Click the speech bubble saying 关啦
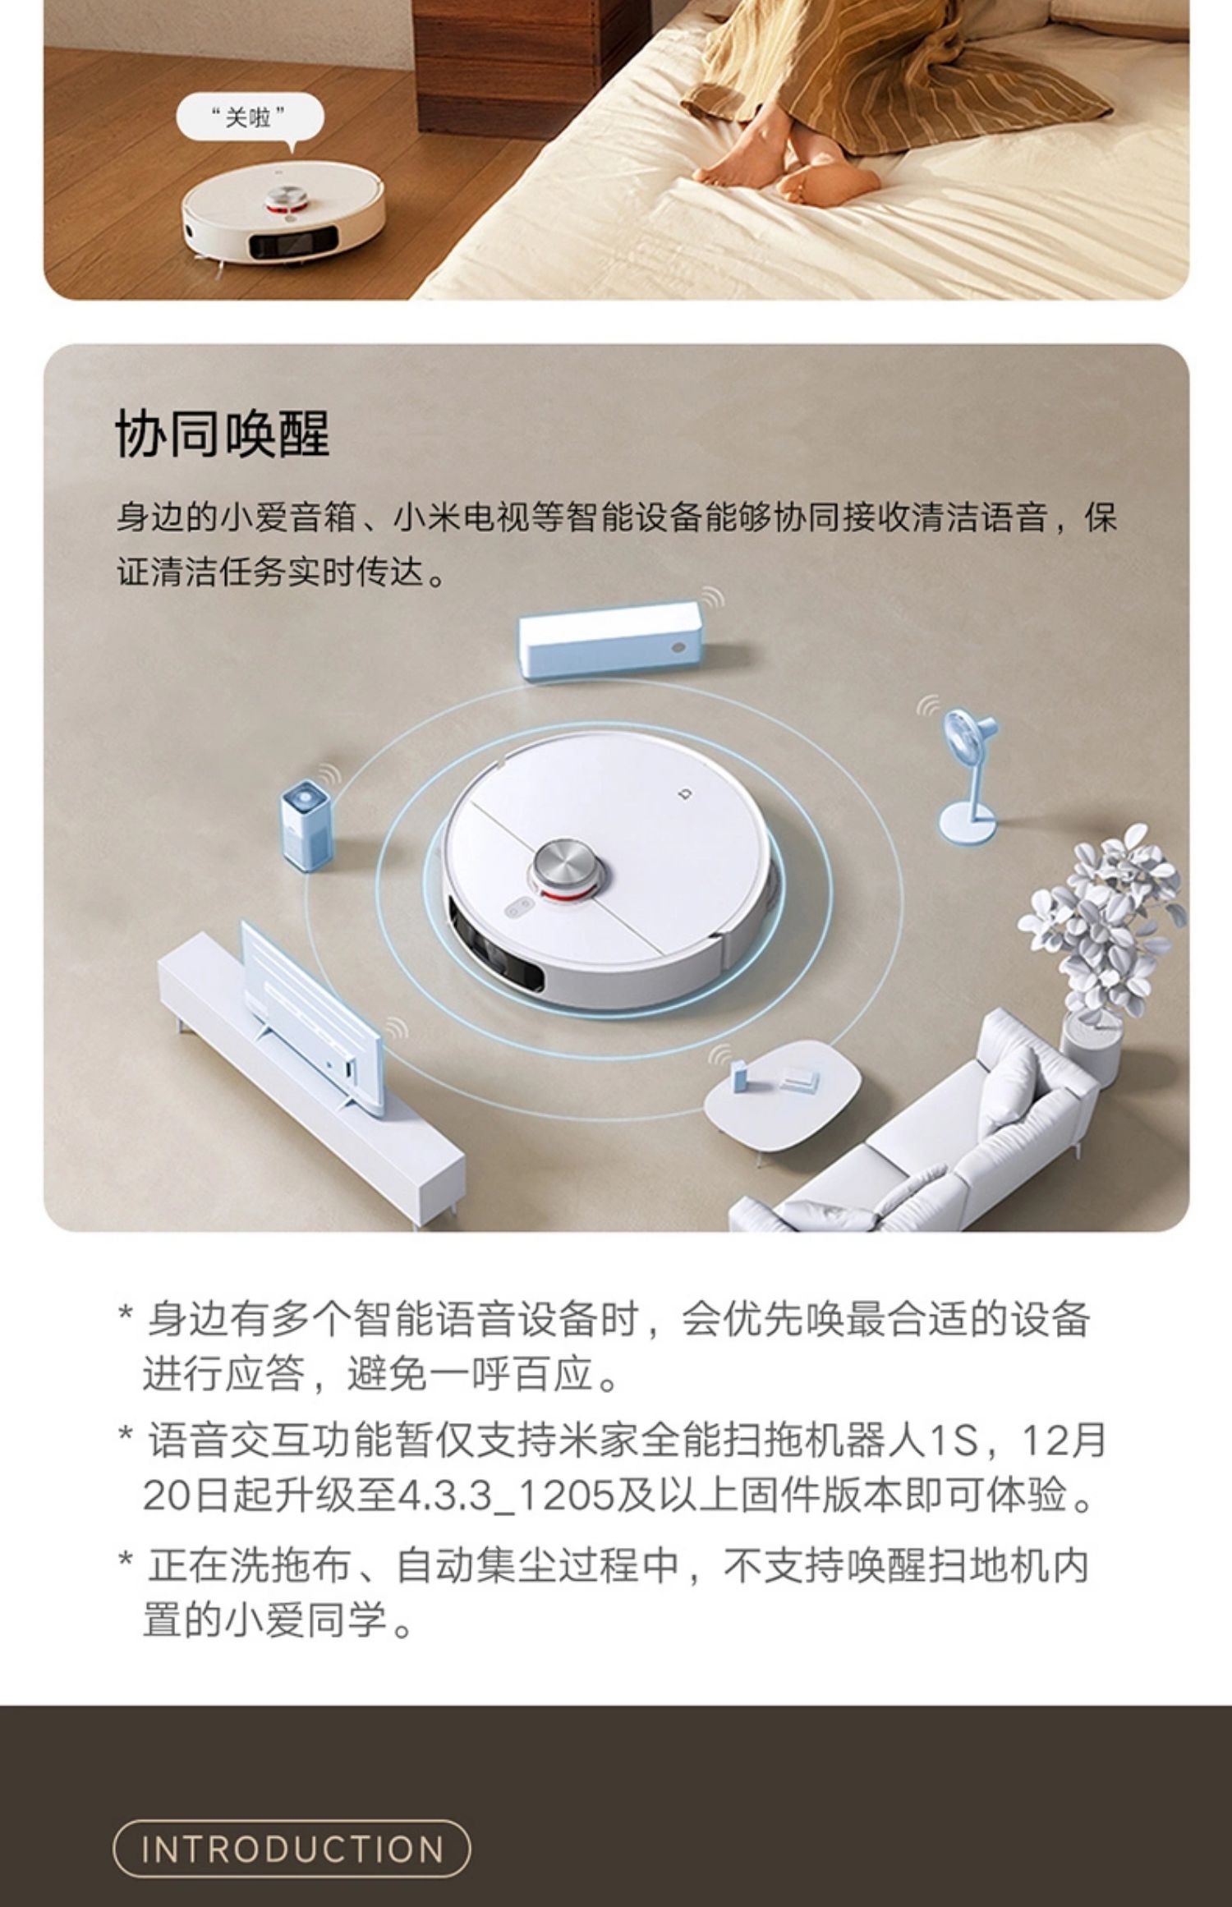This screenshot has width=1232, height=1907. click(x=250, y=118)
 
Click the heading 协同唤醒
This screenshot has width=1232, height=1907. click(x=223, y=434)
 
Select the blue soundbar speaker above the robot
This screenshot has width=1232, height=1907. click(x=609, y=640)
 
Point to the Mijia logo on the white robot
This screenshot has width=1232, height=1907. click(x=686, y=793)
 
